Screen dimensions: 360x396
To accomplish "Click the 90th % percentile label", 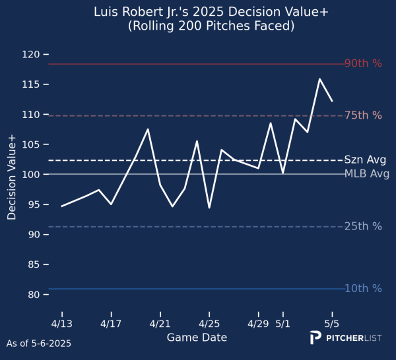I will coord(363,64).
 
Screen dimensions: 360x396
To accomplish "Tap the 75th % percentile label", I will coord(363,115).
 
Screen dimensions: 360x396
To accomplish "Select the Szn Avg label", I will coord(365,160).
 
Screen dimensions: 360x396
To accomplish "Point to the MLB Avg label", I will coord(367,174).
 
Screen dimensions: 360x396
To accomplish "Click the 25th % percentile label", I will coord(363,226).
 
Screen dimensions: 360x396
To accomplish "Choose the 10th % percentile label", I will coord(363,288).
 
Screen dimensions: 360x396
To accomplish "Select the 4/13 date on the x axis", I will coord(62,324).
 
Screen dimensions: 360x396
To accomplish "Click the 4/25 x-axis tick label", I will coord(209,324).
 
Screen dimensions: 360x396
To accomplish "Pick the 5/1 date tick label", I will coord(283,324).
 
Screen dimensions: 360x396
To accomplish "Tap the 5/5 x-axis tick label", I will coord(332,324).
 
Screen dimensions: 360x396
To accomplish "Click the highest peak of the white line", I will coord(319,79).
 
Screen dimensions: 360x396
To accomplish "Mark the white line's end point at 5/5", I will coord(332,101).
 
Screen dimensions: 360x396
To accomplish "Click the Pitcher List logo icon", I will coord(316,338).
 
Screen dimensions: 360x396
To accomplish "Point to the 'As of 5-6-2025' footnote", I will coord(38,344).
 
